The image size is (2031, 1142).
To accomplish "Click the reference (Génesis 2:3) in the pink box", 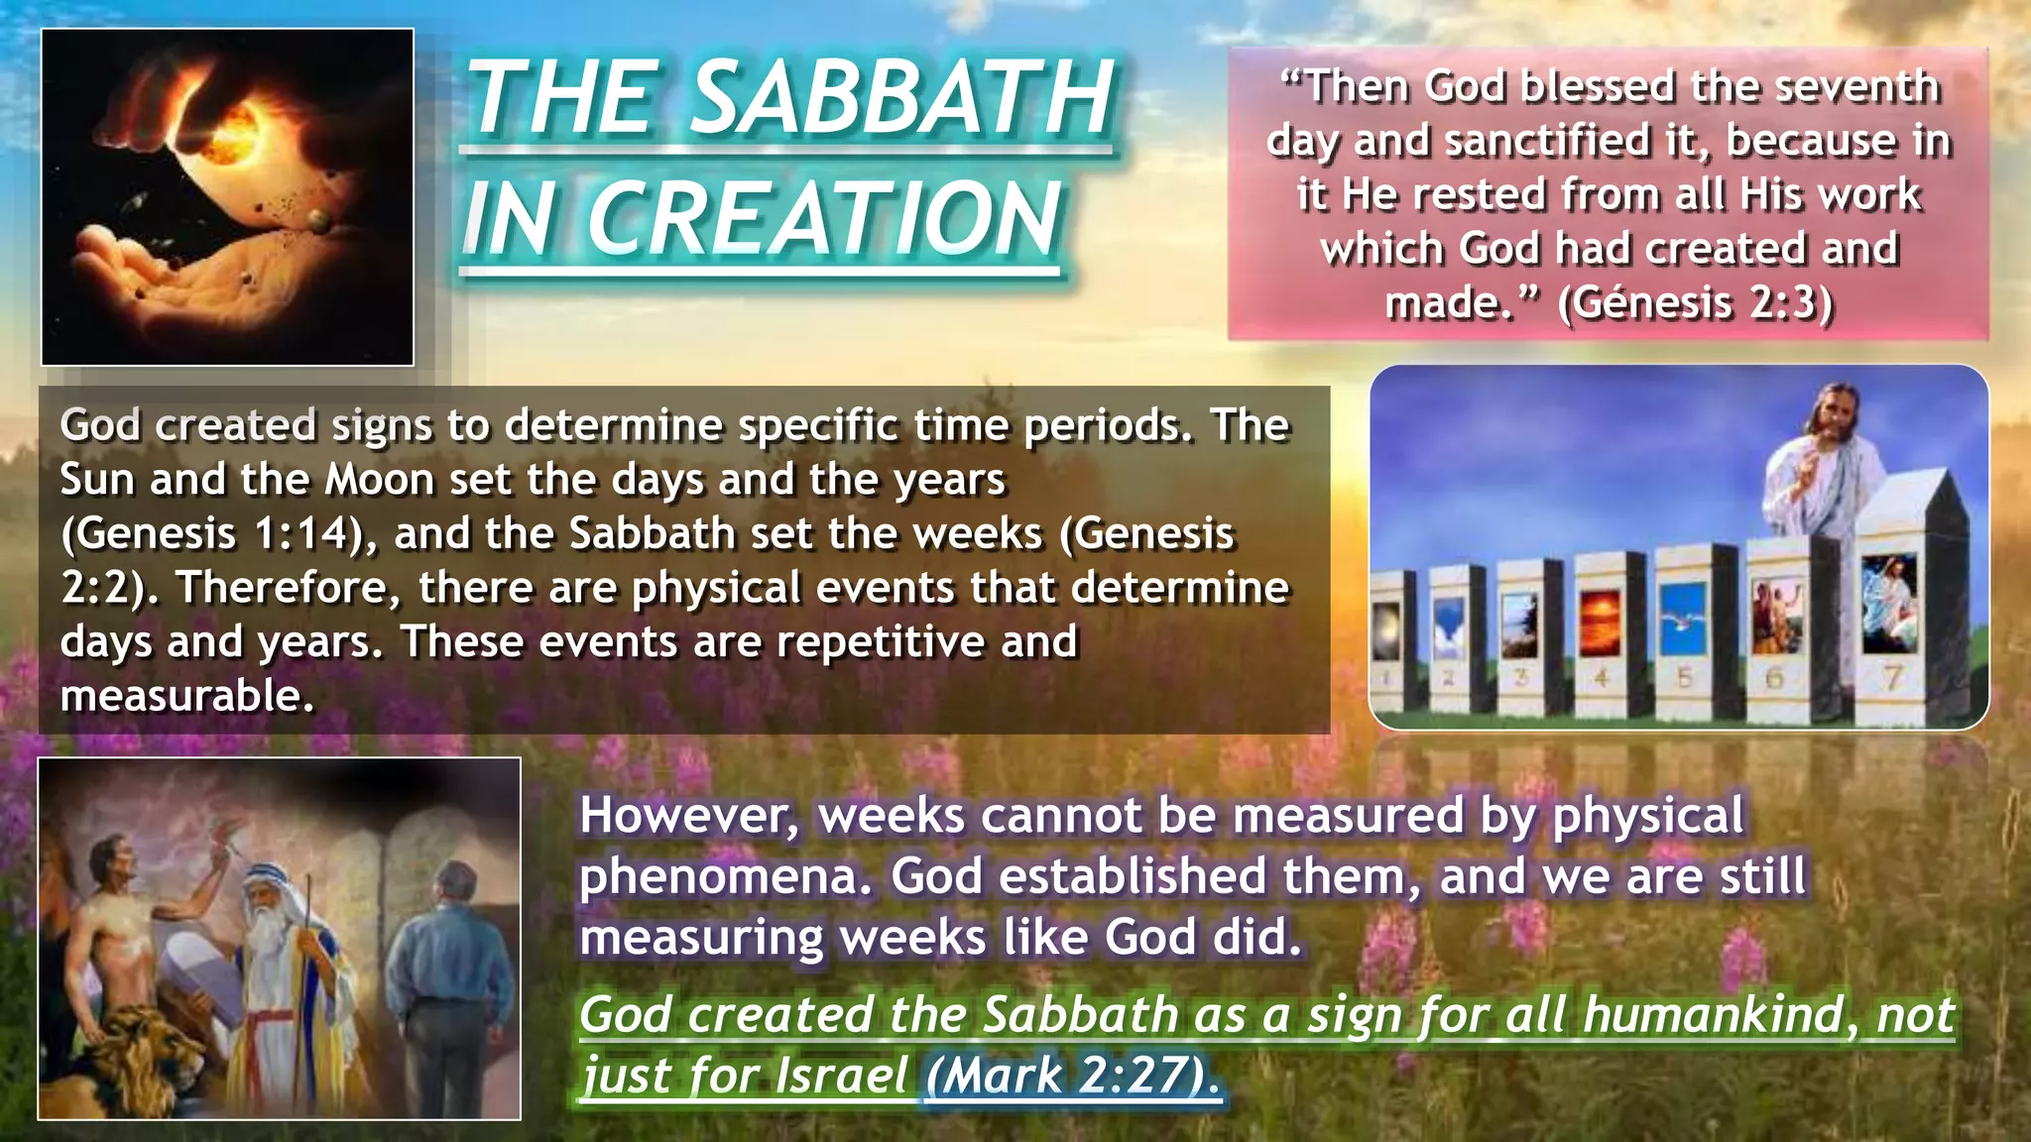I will [x=1696, y=301].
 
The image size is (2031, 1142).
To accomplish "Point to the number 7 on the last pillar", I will [x=1892, y=678].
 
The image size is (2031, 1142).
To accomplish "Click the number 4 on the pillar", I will [x=1600, y=679].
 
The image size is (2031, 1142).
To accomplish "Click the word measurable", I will [x=186, y=697].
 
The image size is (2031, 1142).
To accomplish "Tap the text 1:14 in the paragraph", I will [x=299, y=534].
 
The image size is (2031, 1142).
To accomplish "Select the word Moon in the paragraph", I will [x=379, y=481].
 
